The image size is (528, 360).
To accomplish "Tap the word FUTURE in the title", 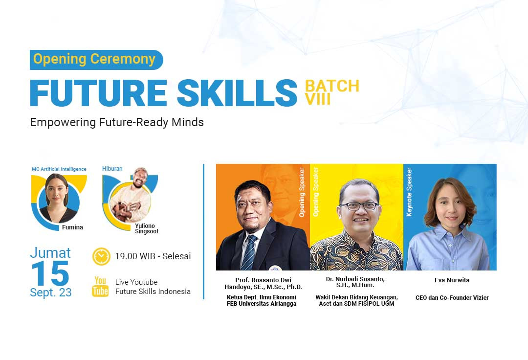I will click(x=97, y=92).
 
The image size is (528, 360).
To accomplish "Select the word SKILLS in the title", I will click(x=237, y=92).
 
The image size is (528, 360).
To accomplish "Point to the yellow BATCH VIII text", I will click(x=331, y=92).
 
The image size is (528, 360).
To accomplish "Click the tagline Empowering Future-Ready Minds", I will click(x=117, y=122).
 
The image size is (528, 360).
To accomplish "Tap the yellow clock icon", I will click(x=101, y=256).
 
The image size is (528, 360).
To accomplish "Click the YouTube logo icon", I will click(x=100, y=287).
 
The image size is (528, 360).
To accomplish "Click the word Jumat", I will click(x=50, y=253).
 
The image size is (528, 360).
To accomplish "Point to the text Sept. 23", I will click(x=50, y=292).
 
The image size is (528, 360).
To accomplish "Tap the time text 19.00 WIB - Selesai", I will click(x=153, y=256).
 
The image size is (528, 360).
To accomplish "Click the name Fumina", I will click(x=72, y=227).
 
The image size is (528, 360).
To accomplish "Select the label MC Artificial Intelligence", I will click(x=59, y=169).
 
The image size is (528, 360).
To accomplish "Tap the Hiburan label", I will click(x=112, y=169).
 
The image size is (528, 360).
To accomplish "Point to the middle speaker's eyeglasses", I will click(x=359, y=206).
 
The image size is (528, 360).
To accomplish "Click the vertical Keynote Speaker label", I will click(x=410, y=192).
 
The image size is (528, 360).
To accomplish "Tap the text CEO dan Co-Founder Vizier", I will click(x=452, y=298).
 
